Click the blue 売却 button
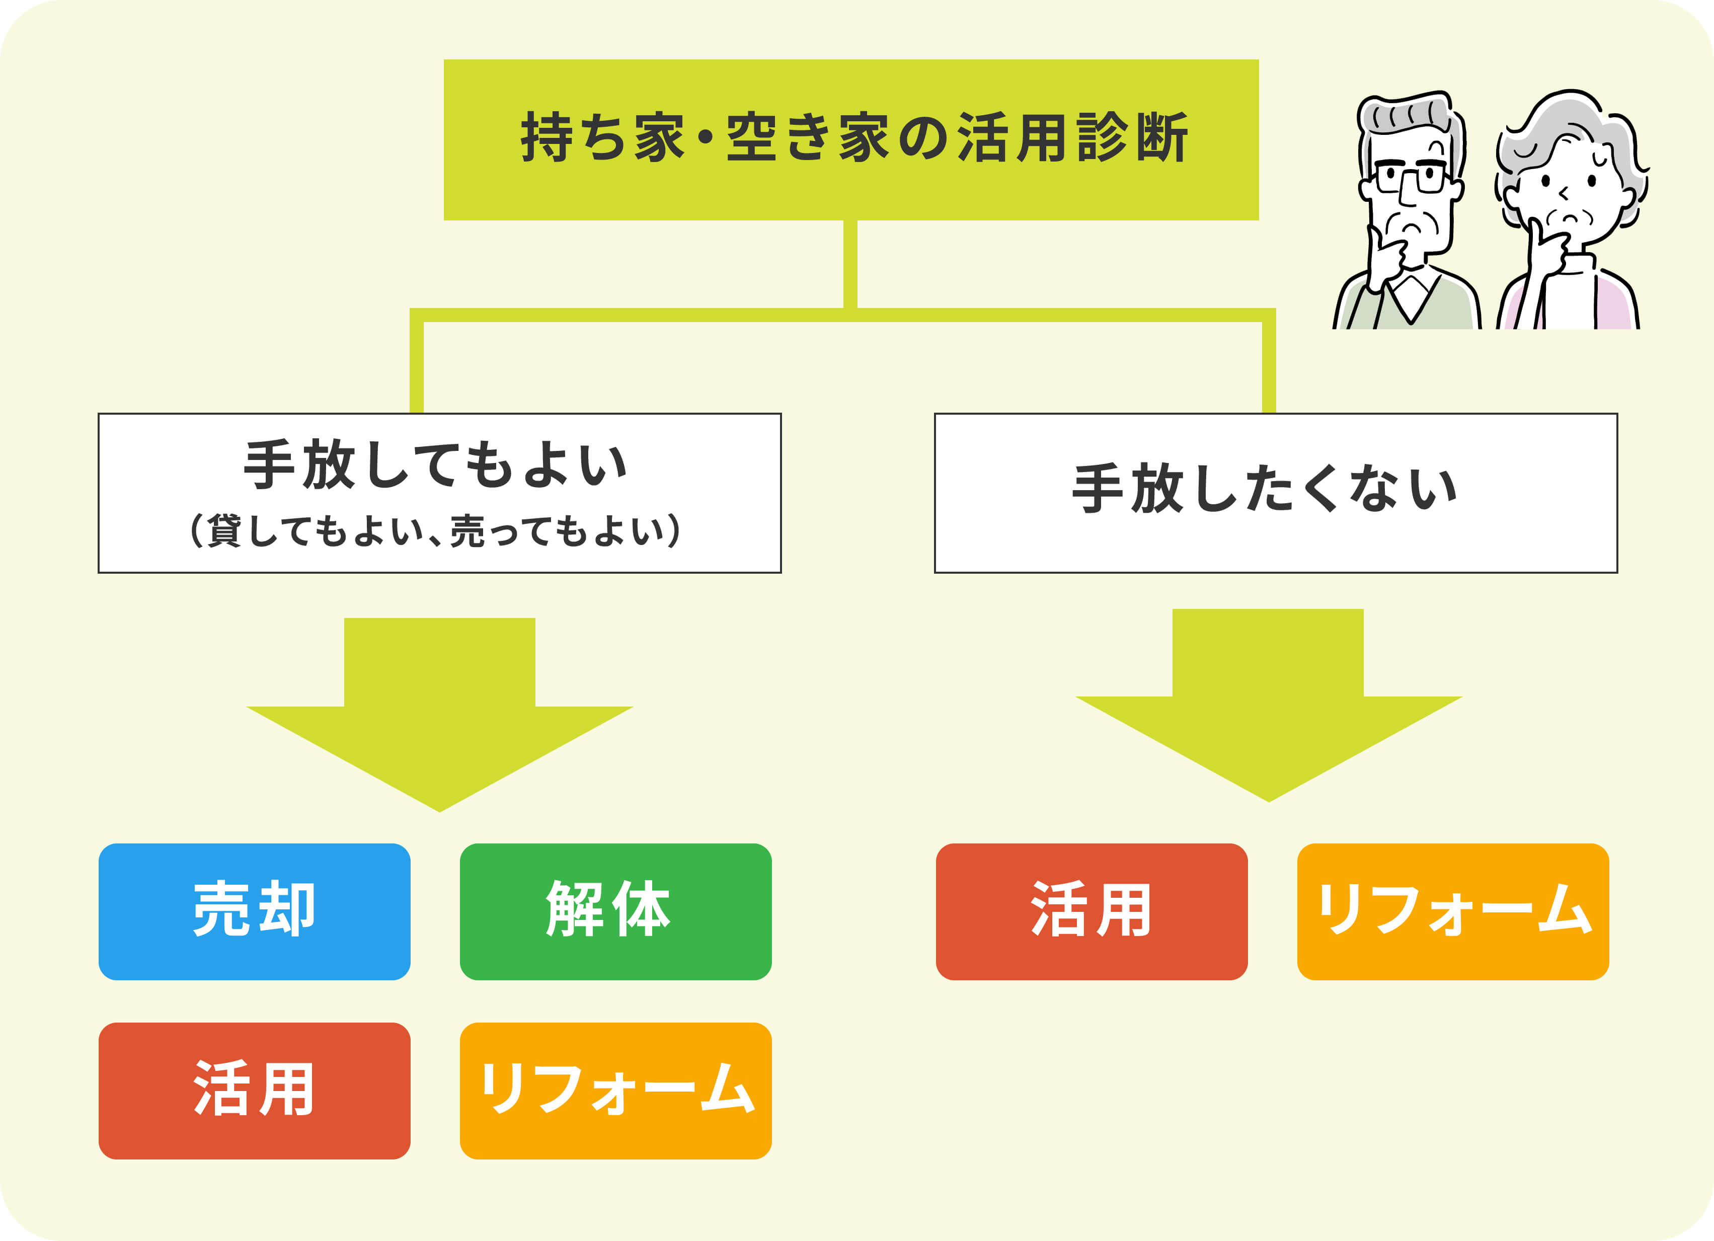(x=254, y=911)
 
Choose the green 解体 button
(x=615, y=911)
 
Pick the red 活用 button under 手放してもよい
(x=254, y=1090)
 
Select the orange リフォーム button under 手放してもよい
(x=615, y=1090)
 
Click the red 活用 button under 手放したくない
(x=1092, y=911)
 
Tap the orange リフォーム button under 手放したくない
(x=1452, y=911)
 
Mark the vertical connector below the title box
(x=850, y=265)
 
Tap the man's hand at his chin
(x=1387, y=257)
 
